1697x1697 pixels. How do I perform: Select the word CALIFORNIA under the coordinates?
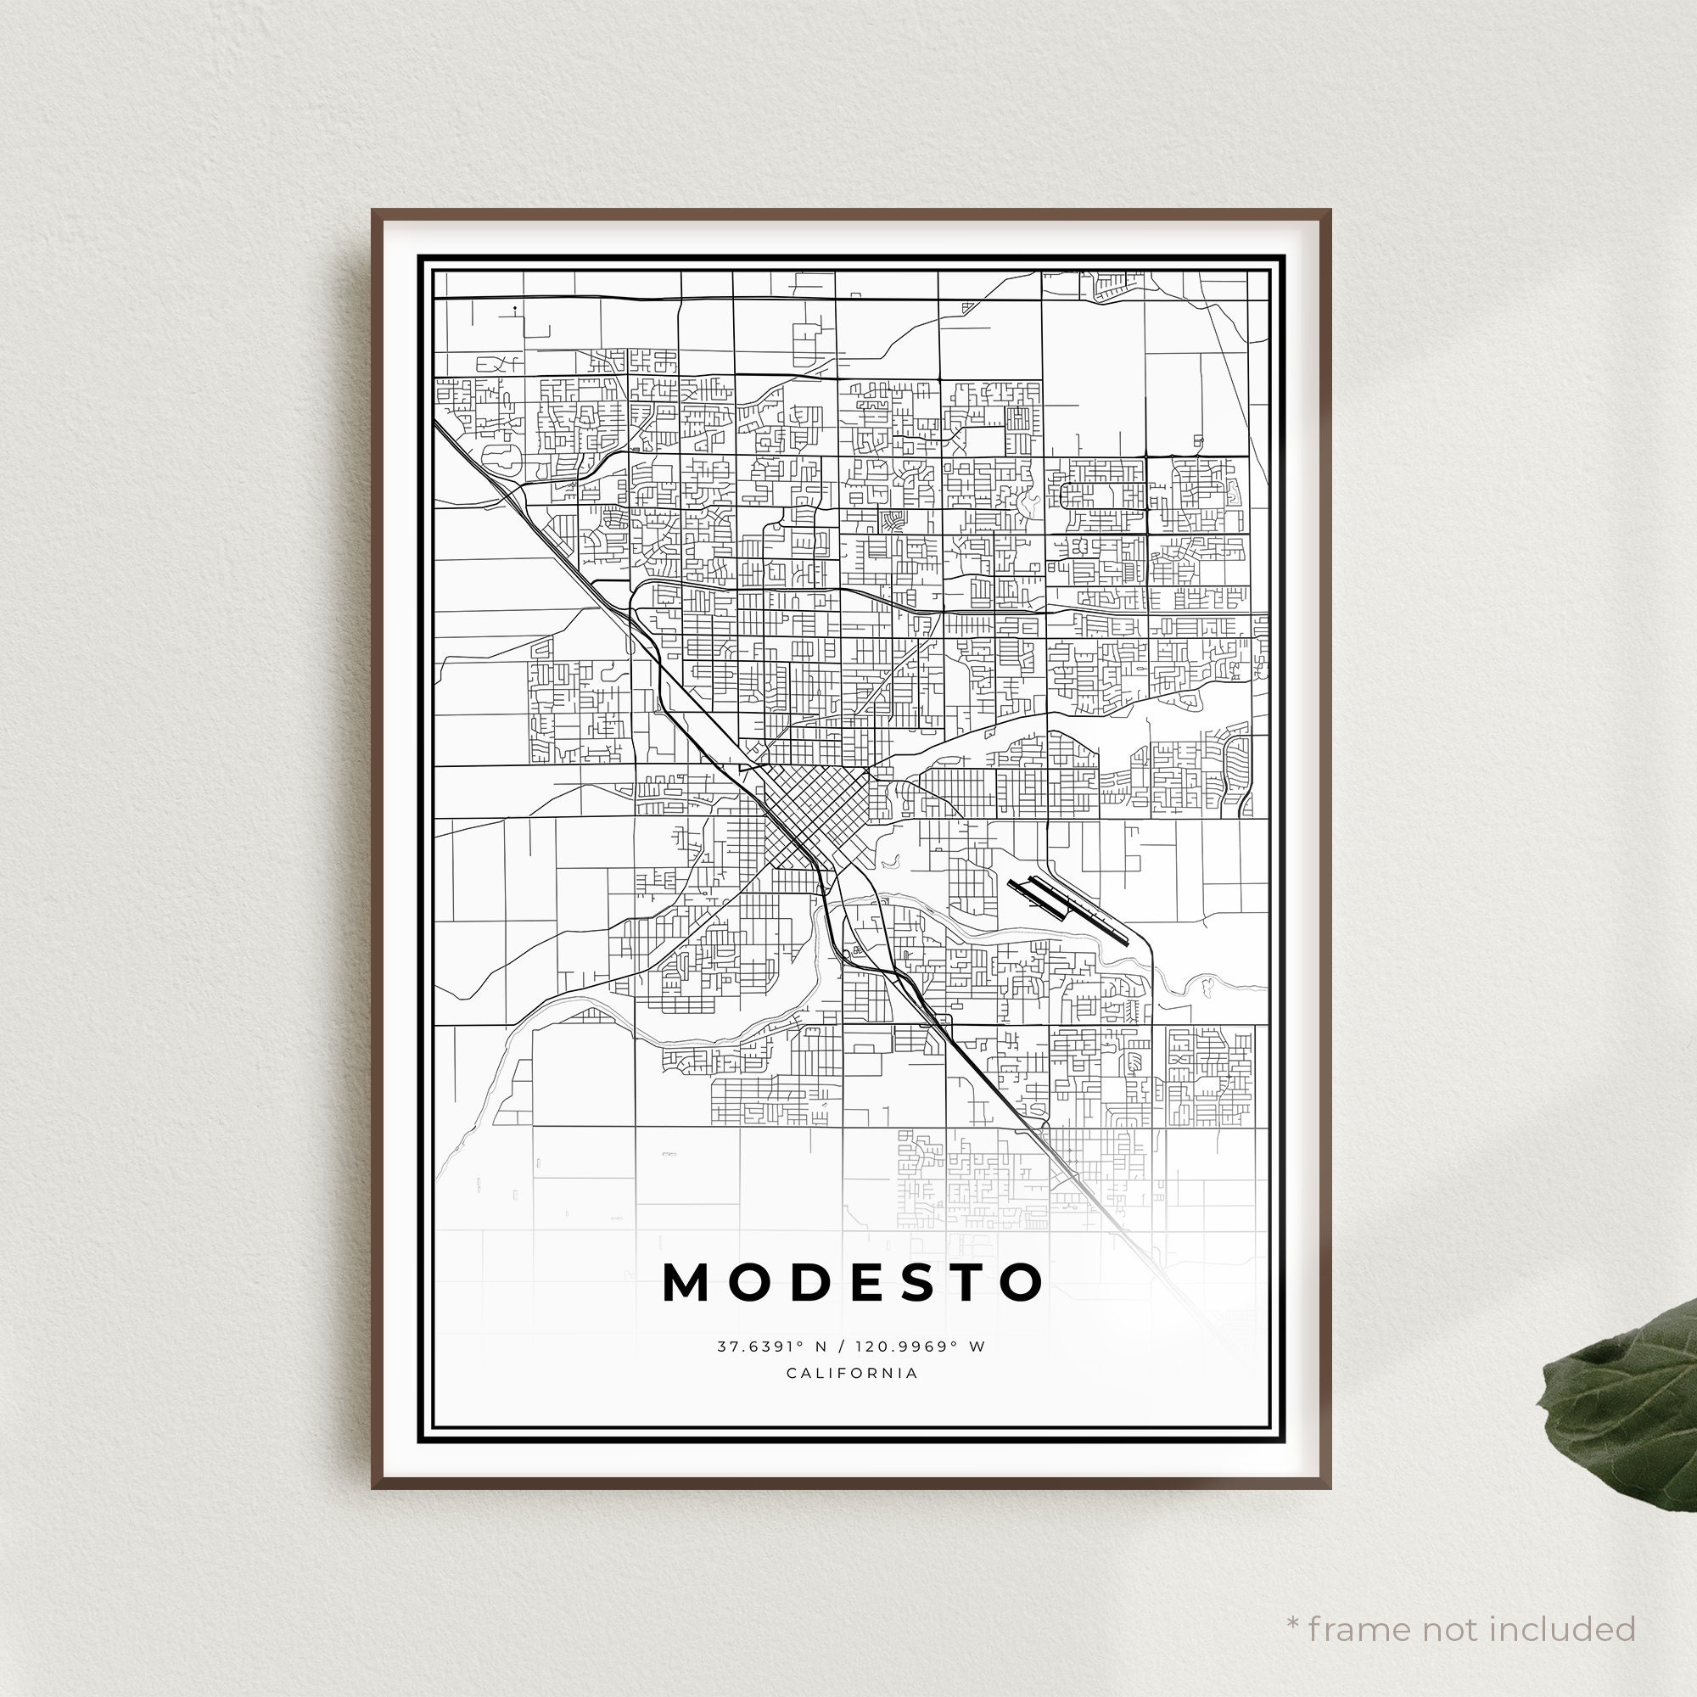pos(852,1373)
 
